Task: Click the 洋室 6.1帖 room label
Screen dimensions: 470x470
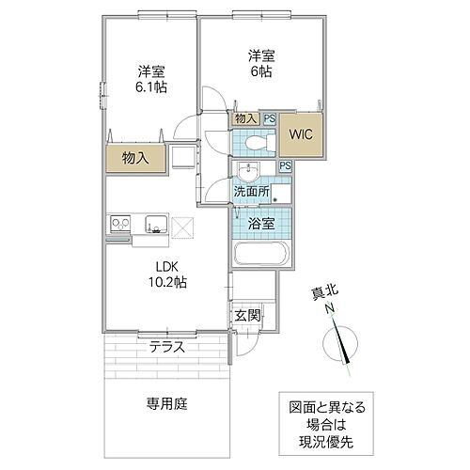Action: [x=150, y=79]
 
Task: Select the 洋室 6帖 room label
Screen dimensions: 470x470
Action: [x=260, y=64]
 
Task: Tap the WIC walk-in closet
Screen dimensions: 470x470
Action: [x=301, y=133]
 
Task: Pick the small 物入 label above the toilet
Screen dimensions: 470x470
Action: [x=245, y=118]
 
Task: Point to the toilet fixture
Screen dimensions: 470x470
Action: [x=259, y=143]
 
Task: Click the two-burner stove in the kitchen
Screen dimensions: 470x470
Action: [x=121, y=224]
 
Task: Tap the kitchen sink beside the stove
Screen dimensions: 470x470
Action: [x=155, y=224]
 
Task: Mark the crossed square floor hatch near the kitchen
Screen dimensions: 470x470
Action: [x=181, y=226]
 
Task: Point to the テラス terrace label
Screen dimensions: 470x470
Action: [x=166, y=347]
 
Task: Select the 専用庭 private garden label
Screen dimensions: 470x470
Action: [x=166, y=404]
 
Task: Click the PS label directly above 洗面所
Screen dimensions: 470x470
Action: [x=284, y=166]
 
